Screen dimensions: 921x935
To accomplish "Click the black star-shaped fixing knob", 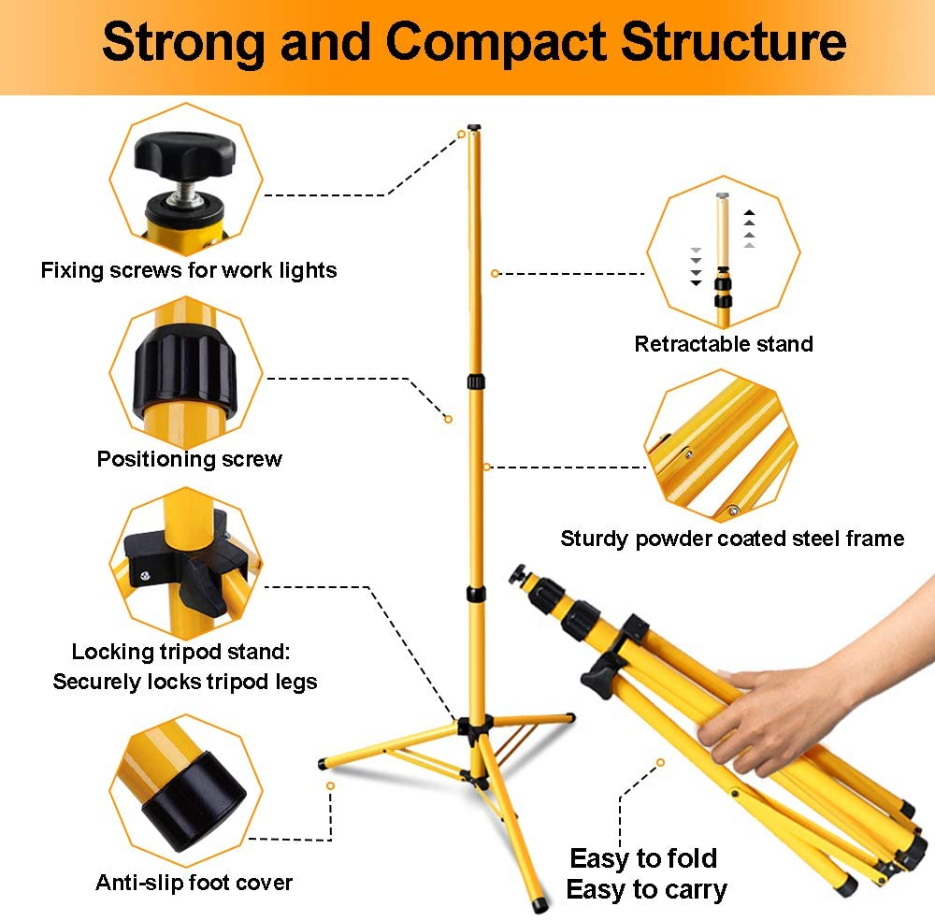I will pos(176,158).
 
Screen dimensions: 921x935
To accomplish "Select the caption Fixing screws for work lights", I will pos(188,271).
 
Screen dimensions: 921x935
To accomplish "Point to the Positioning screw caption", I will pos(189,459).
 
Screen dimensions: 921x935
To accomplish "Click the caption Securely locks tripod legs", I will pos(185,682).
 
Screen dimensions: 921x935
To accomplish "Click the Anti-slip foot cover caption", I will pos(194,883).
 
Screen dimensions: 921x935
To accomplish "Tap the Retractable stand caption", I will pos(724,344).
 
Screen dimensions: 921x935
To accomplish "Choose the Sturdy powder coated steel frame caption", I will pos(732,539).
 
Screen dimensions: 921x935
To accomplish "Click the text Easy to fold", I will pos(643,858).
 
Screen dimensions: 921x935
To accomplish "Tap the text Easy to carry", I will pos(646,889).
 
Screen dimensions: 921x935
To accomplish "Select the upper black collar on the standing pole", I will pos(477,381).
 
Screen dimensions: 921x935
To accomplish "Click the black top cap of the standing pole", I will pos(474,125).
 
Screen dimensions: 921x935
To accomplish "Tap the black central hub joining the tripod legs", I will pos(473,728).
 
